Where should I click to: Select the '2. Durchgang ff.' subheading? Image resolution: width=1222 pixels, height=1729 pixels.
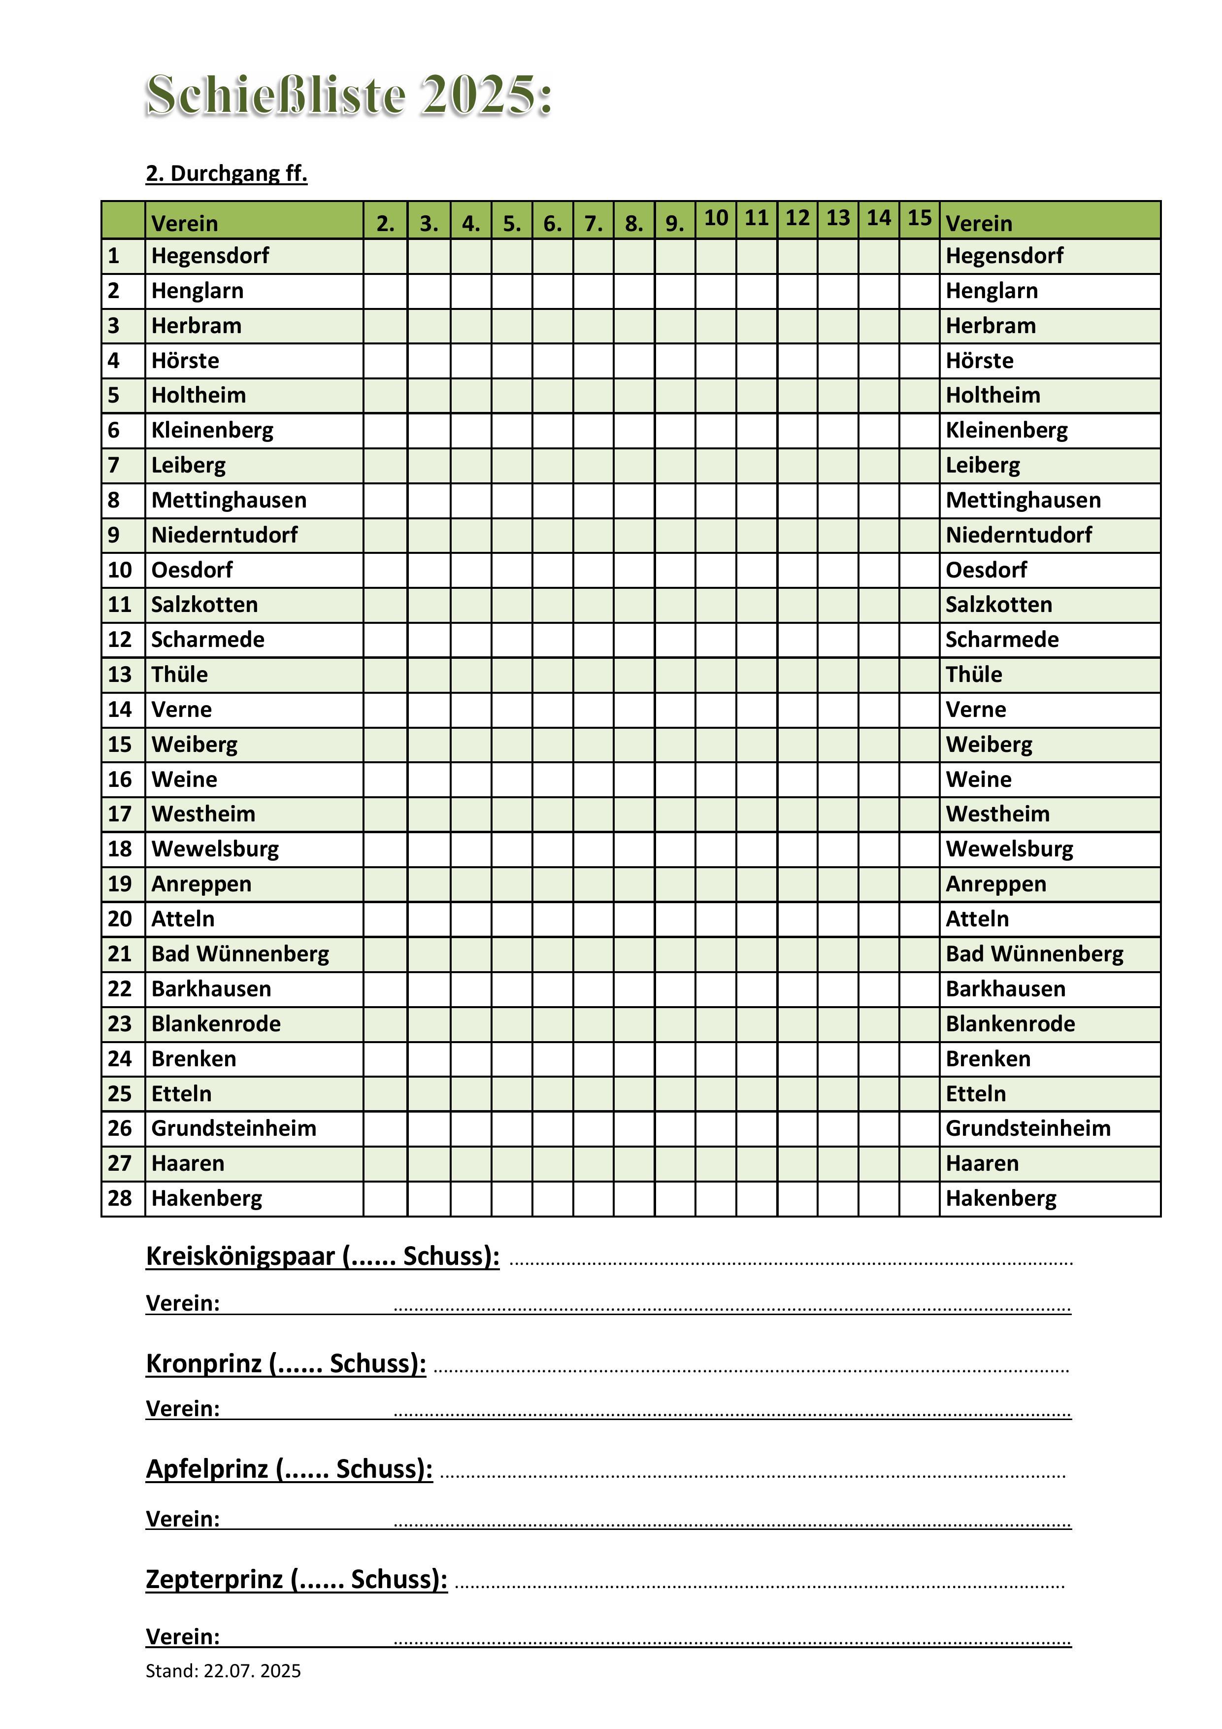[x=227, y=174]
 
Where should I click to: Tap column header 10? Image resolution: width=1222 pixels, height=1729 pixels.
[x=715, y=218]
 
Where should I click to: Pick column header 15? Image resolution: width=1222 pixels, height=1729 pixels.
[x=919, y=218]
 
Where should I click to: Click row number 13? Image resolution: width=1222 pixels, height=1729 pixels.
[x=120, y=675]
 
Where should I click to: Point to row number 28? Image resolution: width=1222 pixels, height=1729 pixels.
[x=120, y=1198]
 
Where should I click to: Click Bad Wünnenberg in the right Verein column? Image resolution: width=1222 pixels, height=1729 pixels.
[x=1034, y=954]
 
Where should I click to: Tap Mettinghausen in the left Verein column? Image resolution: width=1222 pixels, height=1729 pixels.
[x=229, y=500]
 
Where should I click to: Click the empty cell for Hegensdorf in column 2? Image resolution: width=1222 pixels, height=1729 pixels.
[x=386, y=256]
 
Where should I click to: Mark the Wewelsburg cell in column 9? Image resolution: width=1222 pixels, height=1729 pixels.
[x=675, y=849]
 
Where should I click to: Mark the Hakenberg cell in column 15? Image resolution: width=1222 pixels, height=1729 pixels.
[x=919, y=1198]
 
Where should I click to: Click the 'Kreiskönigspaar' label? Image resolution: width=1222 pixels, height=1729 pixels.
[x=241, y=1256]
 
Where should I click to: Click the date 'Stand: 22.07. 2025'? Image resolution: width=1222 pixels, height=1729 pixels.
[x=223, y=1671]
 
